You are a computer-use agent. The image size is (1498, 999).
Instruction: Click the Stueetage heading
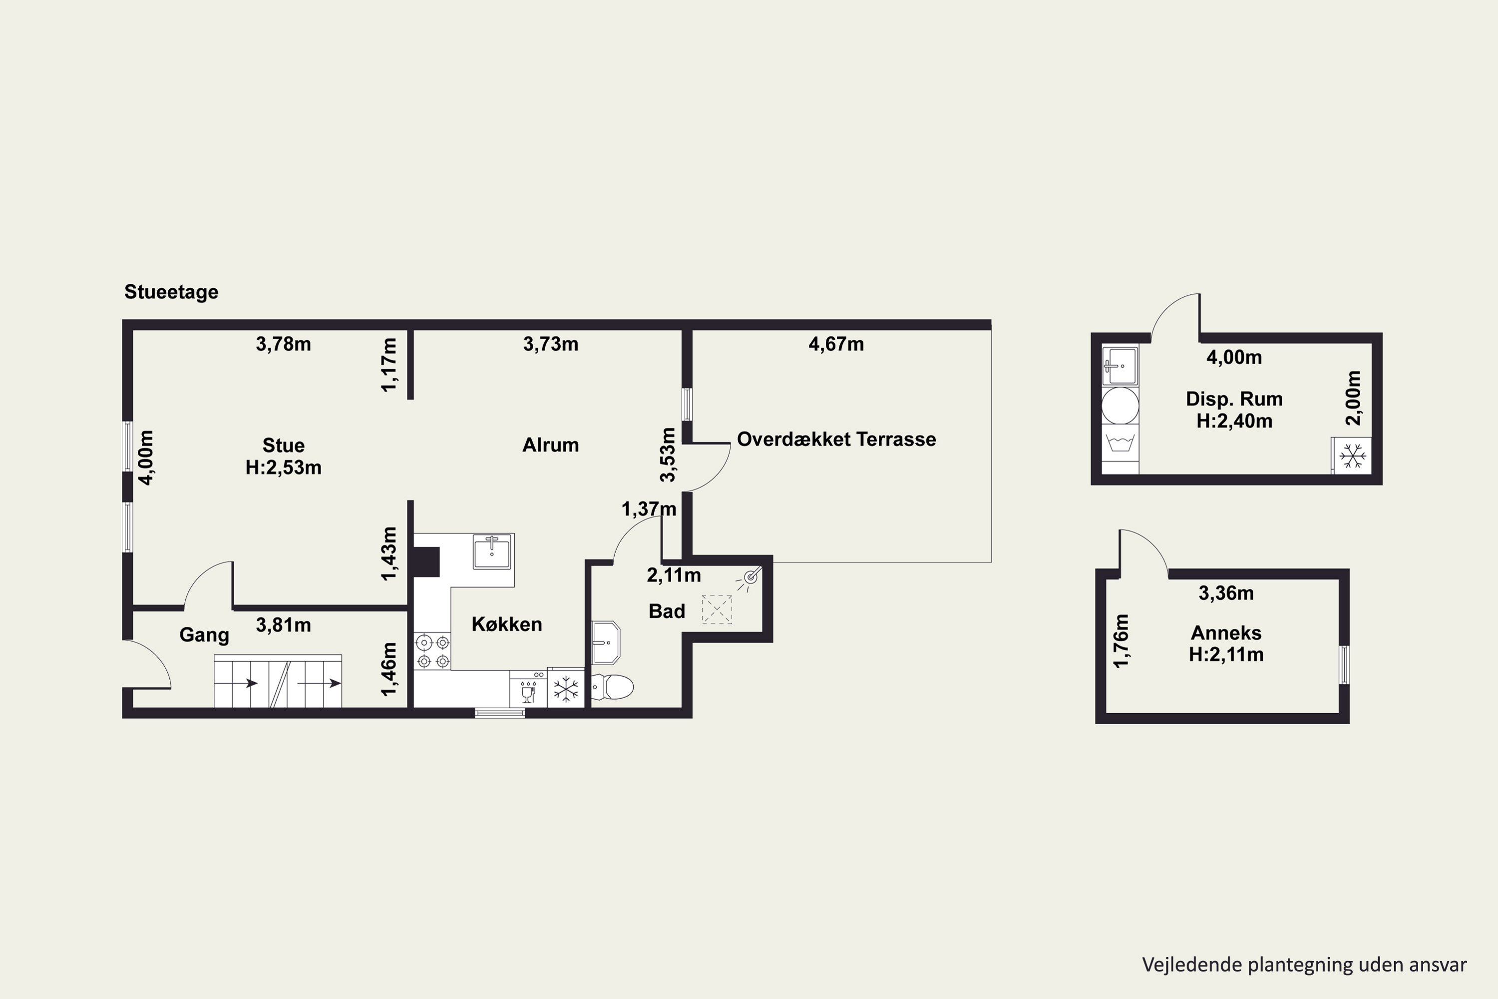(x=171, y=292)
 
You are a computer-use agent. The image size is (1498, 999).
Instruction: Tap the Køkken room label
(x=507, y=624)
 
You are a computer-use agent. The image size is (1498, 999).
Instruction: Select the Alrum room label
(x=551, y=445)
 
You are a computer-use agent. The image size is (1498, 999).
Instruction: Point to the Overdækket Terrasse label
(x=836, y=439)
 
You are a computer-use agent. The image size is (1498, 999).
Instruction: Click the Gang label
(x=204, y=635)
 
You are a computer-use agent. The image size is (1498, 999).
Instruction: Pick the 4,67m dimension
(x=836, y=344)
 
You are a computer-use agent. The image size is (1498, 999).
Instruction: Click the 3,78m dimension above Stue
(x=284, y=344)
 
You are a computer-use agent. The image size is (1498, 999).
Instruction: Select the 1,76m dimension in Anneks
(x=1121, y=641)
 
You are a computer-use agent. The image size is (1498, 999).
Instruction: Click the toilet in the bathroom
(x=613, y=687)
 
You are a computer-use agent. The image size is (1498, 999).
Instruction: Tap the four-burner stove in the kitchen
(x=432, y=651)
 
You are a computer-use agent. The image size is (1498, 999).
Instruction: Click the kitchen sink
(x=492, y=551)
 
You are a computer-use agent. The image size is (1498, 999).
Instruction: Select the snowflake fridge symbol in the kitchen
(x=566, y=689)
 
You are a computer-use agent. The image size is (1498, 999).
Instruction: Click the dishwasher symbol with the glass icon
(x=528, y=689)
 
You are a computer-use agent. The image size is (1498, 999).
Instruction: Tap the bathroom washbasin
(x=606, y=643)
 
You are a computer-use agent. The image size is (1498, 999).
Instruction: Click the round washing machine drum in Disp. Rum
(x=1121, y=405)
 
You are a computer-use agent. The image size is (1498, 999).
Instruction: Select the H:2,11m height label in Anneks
(x=1226, y=654)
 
